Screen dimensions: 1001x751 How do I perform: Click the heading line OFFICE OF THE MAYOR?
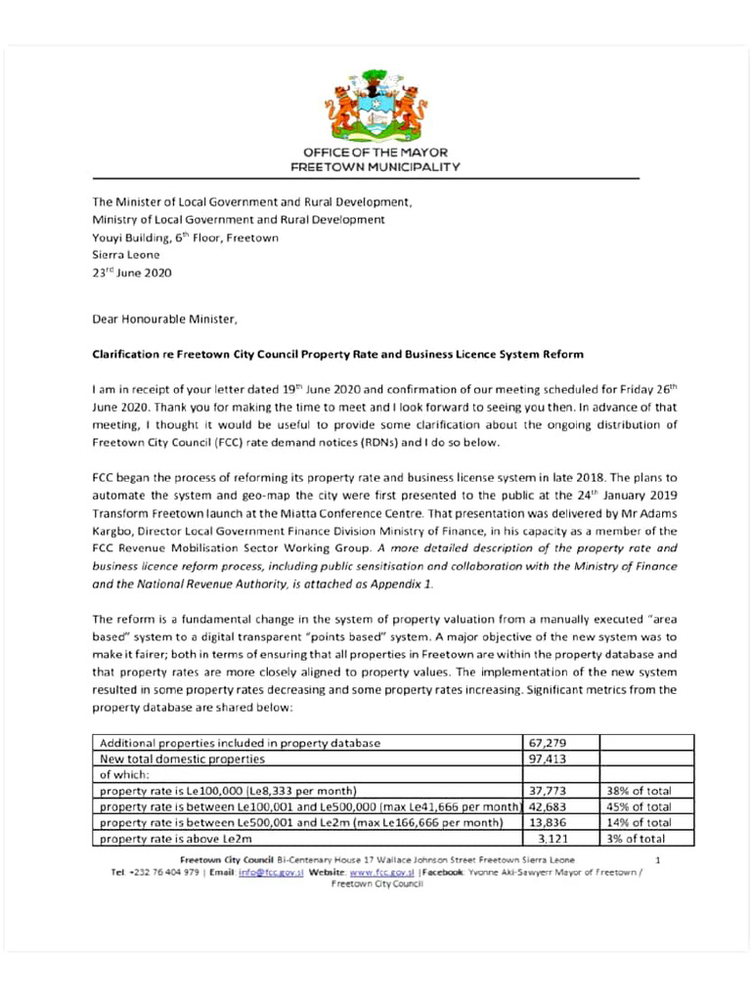[375, 153]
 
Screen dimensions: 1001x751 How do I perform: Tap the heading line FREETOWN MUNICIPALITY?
[375, 167]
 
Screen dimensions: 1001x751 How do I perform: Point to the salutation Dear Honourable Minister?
[164, 319]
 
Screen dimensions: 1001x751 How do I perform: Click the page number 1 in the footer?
[658, 859]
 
